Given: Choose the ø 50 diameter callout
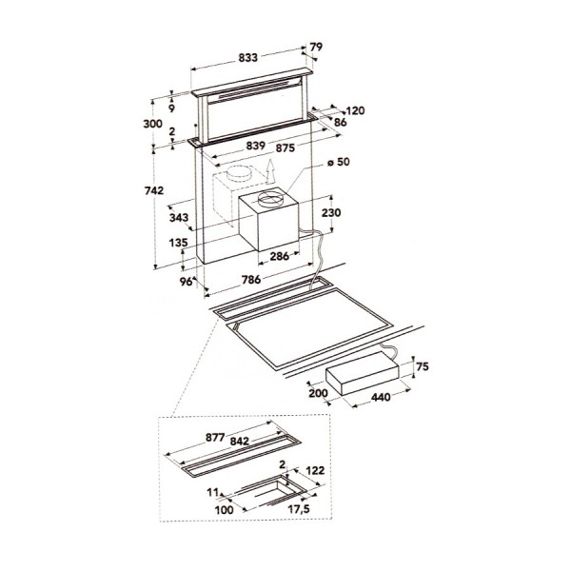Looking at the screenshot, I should (340, 164).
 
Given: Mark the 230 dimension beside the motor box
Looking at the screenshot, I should (331, 212).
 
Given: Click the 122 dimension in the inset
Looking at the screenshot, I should (316, 470).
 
